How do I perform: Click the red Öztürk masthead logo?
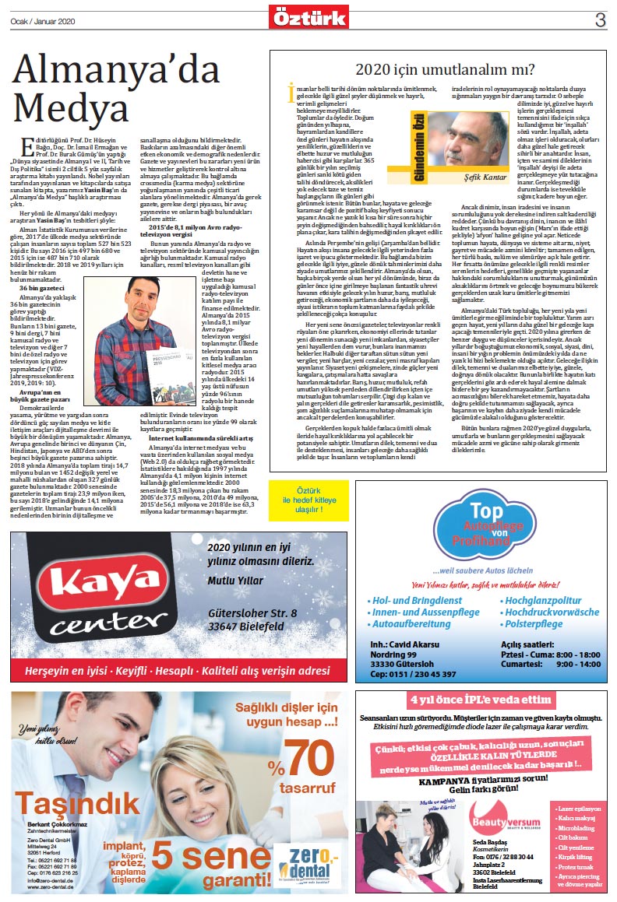click(308, 16)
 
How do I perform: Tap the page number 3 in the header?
click(600, 20)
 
